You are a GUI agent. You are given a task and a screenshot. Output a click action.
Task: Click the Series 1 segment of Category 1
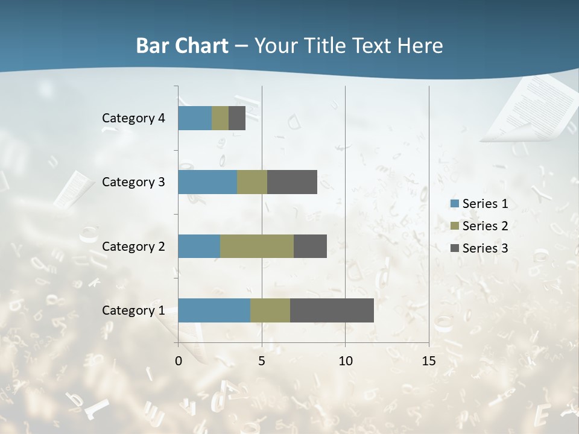pyautogui.click(x=214, y=310)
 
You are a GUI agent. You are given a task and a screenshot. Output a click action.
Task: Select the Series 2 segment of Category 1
pyautogui.click(x=270, y=310)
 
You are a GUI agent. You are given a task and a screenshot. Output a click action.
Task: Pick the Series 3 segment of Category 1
pyautogui.click(x=332, y=310)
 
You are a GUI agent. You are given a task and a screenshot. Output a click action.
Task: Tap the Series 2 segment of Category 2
pyautogui.click(x=257, y=247)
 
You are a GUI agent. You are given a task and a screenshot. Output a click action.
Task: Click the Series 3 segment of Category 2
pyautogui.click(x=310, y=247)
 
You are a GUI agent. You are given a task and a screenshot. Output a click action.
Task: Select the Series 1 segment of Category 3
pyautogui.click(x=207, y=182)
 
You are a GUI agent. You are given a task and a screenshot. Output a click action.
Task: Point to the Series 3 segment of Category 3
pyautogui.click(x=292, y=182)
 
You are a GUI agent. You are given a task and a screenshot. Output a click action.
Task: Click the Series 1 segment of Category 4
pyautogui.click(x=195, y=118)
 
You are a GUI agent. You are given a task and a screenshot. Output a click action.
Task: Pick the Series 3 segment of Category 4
pyautogui.click(x=237, y=118)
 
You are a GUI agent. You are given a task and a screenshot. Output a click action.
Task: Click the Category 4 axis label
pyautogui.click(x=133, y=118)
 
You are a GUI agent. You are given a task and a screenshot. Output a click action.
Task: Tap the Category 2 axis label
pyautogui.click(x=133, y=247)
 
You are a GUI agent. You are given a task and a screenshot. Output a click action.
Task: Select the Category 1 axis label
pyautogui.click(x=133, y=310)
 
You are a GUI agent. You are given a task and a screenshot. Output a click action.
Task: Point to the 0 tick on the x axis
pyautogui.click(x=179, y=361)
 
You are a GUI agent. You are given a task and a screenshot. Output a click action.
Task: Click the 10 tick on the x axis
pyautogui.click(x=345, y=361)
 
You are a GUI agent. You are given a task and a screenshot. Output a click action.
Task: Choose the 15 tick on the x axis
pyautogui.click(x=429, y=361)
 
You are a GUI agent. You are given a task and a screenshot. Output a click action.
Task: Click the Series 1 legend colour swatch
pyautogui.click(x=454, y=204)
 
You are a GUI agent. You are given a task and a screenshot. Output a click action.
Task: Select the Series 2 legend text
pyautogui.click(x=485, y=226)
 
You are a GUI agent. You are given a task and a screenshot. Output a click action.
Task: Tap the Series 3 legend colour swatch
pyautogui.click(x=454, y=248)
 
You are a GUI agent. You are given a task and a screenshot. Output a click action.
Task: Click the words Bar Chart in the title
pyautogui.click(x=182, y=46)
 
